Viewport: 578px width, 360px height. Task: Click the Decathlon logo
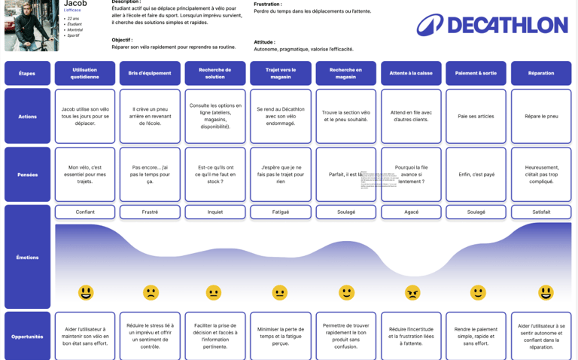pos(492,25)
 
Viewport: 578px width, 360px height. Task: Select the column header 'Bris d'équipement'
pos(150,73)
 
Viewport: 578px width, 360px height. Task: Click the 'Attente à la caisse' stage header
pos(411,73)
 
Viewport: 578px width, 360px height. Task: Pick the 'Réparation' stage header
pos(541,73)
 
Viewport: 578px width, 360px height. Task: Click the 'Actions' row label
pos(27,116)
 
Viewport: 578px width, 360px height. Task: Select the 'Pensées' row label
pos(27,175)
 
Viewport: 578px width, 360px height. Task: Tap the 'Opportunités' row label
pos(27,337)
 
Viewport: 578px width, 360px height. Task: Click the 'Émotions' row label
pos(27,258)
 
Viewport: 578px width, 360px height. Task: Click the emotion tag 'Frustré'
pos(150,212)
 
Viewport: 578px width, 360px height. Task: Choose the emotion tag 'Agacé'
pos(411,212)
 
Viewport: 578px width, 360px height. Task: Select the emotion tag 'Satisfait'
pos(541,212)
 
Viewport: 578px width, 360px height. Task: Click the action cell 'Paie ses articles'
pos(476,116)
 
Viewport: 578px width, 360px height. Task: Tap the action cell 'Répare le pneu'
pos(541,116)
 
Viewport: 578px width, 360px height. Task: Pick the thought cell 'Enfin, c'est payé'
pos(476,175)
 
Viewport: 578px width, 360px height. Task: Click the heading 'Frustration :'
pos(268,5)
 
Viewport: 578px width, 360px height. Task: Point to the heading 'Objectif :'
pos(123,39)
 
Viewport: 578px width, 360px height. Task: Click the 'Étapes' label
pos(27,73)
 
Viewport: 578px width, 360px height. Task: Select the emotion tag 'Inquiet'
pos(215,212)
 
